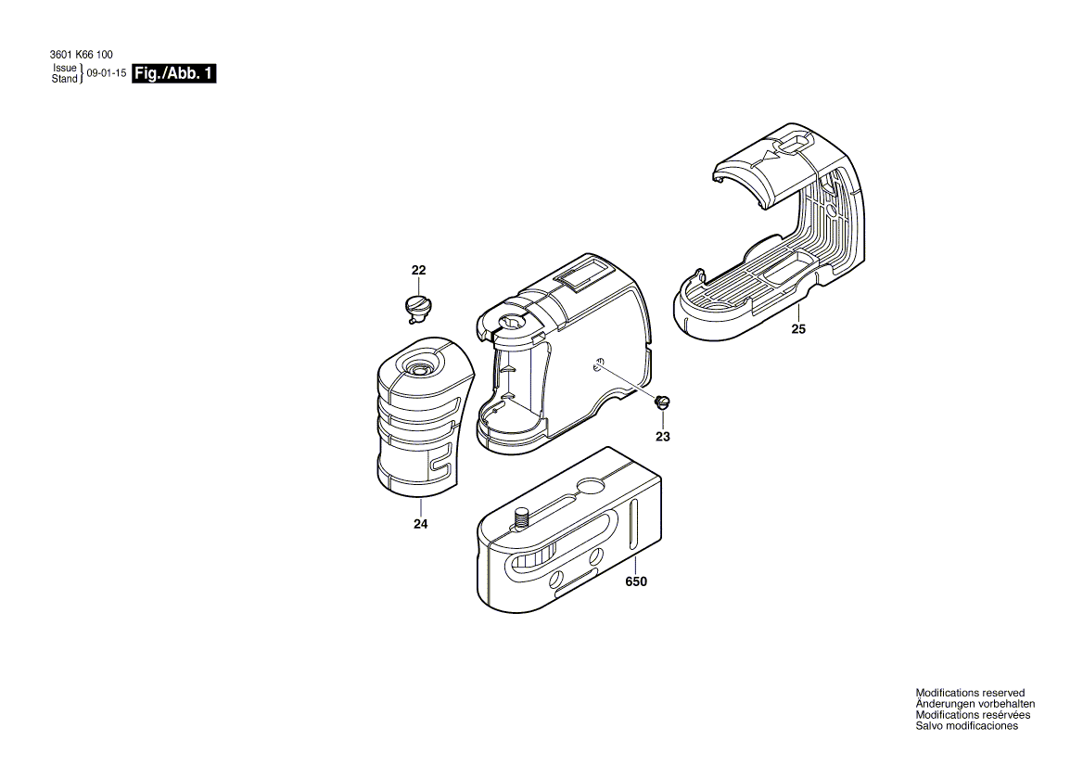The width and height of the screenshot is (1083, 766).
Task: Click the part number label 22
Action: coord(418,270)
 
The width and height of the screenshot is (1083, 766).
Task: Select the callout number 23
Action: coord(663,436)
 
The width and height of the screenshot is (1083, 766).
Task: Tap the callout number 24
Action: coord(420,525)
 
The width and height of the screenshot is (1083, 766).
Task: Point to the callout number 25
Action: coord(798,328)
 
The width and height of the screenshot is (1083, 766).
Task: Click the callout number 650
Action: coord(635,582)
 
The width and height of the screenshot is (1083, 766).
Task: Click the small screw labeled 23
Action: coord(662,402)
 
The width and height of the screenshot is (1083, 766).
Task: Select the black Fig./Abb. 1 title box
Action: coord(174,74)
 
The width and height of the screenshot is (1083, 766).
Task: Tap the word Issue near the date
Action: coord(64,69)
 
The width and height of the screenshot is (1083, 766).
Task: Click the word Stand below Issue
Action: coord(64,80)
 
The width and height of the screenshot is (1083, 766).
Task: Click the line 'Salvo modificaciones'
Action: coord(966,726)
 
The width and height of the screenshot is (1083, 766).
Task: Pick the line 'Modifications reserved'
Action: coord(970,693)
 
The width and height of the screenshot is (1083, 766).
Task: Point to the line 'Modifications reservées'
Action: coord(973,715)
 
